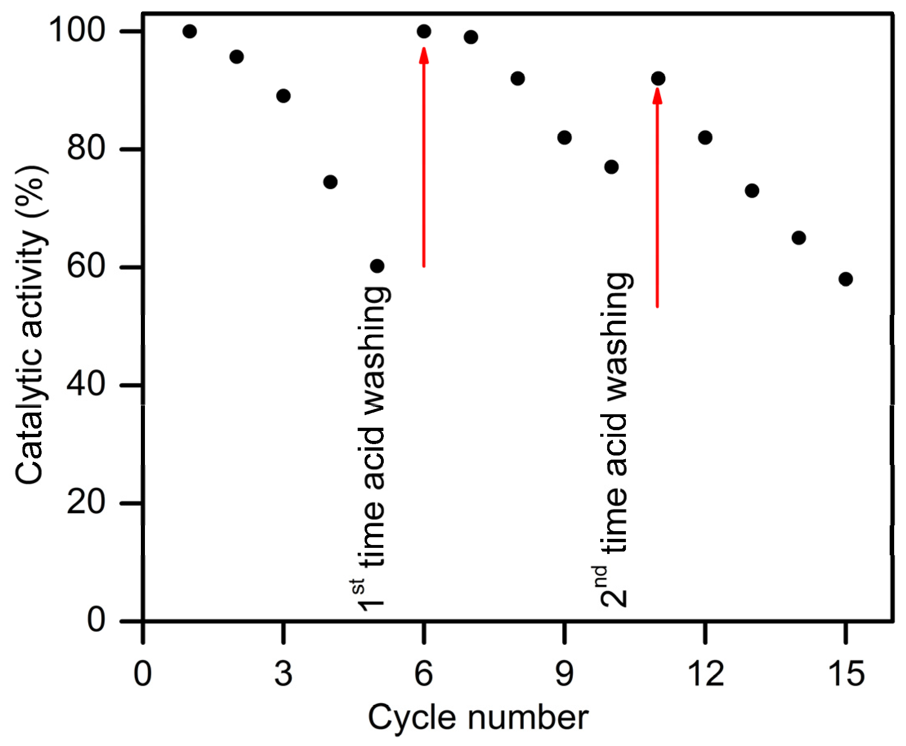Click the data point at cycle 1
click(189, 31)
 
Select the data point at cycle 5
click(377, 266)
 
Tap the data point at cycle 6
click(424, 31)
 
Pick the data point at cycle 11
click(658, 78)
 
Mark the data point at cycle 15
click(846, 279)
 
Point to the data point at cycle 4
click(330, 182)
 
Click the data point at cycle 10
click(612, 167)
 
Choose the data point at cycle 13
click(752, 190)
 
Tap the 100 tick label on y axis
click(77, 31)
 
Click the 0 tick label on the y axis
click(96, 620)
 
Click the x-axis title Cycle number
click(478, 718)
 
